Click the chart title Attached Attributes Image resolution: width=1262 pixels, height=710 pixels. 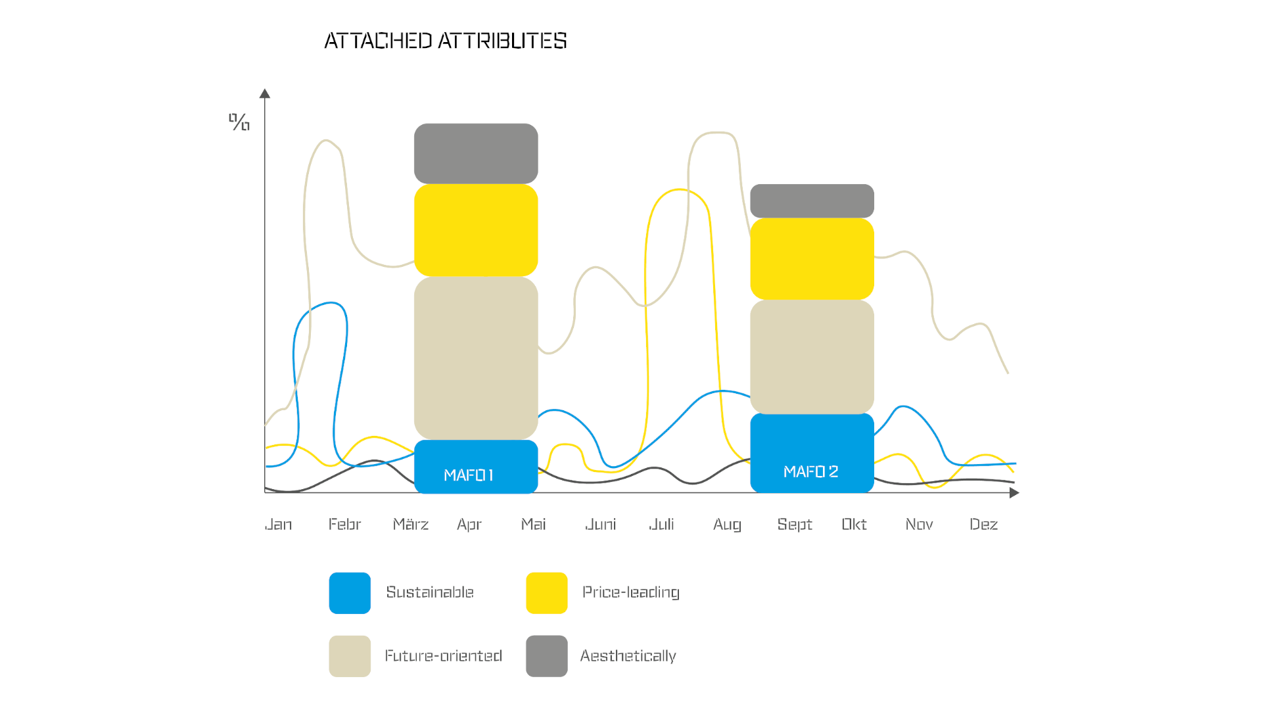coord(446,41)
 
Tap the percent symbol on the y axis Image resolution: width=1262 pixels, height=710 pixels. coord(239,122)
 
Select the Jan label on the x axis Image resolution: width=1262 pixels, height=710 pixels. coord(279,525)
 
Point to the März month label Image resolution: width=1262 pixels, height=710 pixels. coord(411,524)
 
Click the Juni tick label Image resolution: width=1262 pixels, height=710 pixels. coord(601,525)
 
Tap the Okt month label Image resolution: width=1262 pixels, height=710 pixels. coord(854,524)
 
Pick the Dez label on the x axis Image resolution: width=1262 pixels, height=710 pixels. coord(984,525)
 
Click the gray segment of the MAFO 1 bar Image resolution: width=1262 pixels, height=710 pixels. coord(476,154)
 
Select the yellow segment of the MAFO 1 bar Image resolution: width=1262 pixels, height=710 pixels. coord(476,230)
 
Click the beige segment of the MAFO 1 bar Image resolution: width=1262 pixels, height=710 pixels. coord(476,358)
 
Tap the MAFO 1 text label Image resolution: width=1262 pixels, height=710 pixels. coord(469,475)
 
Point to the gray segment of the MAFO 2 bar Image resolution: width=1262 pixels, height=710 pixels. coord(812,201)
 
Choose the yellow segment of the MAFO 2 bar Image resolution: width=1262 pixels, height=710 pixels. coord(812,259)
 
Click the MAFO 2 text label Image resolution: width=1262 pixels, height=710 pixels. coord(811,472)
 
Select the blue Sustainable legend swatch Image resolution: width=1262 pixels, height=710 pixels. coord(350,593)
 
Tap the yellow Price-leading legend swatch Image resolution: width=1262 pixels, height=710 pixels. coord(547,593)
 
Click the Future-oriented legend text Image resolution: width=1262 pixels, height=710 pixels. coord(444,656)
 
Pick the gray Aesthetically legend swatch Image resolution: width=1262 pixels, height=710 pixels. coord(547,656)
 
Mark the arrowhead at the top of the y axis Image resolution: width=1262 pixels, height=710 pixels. coord(265,93)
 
